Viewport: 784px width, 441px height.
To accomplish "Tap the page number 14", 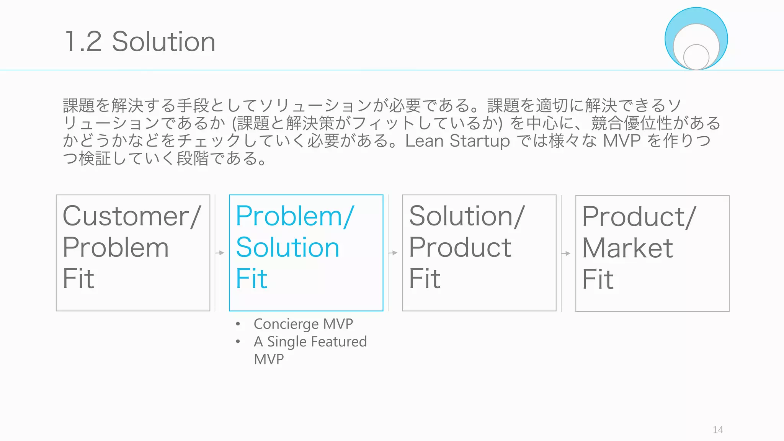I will point(718,430).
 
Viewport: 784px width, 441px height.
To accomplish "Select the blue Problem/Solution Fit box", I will point(306,253).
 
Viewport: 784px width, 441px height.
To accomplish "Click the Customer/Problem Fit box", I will point(133,253).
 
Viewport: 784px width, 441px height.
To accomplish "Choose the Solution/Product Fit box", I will point(479,253).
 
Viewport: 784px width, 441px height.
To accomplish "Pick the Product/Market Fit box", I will point(652,253).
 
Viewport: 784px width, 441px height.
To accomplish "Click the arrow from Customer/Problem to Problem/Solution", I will point(219,253).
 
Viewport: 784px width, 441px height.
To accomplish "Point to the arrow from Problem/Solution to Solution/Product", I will point(393,253).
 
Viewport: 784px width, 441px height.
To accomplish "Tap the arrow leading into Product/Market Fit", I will point(566,253).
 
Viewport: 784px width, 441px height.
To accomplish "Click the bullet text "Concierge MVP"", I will point(303,324).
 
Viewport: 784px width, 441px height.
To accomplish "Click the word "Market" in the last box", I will point(627,248).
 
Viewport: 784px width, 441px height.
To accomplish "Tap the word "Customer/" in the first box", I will point(131,216).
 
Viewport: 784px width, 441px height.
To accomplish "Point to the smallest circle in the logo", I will point(696,57).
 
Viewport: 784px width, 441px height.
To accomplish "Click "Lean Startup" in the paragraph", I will point(457,141).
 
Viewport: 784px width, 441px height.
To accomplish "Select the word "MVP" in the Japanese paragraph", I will point(622,141).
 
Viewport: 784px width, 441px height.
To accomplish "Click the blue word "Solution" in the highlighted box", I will point(287,247).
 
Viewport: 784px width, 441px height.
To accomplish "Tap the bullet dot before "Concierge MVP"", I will point(238,324).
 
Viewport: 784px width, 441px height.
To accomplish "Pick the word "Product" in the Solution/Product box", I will point(460,247).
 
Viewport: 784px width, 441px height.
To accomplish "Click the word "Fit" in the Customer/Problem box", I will point(78,279).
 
